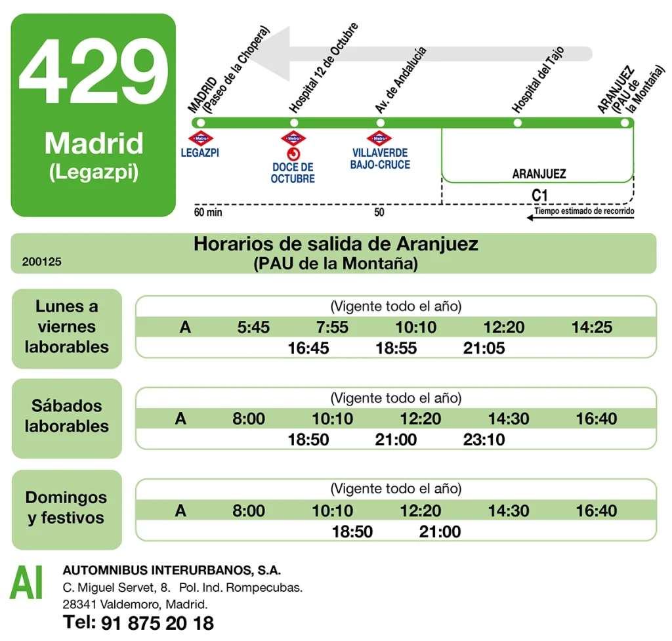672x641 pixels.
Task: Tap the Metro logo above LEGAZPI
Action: [x=201, y=138]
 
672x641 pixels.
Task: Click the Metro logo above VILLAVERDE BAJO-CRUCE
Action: [x=379, y=138]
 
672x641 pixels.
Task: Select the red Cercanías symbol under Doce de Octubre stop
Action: [x=293, y=154]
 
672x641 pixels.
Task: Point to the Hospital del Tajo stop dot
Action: [x=518, y=123]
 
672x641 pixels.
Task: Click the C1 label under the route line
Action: [x=539, y=195]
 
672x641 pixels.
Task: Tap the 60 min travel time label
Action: [x=208, y=213]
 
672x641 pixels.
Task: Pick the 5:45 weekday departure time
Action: [x=253, y=327]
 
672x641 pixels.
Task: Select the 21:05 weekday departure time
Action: [x=484, y=348]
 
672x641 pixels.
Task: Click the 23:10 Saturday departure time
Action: [x=484, y=440]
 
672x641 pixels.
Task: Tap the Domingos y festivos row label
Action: [x=66, y=508]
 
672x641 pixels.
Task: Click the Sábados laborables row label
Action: [x=66, y=416]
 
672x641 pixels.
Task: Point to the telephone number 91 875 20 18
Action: [x=157, y=623]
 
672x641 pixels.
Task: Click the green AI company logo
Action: [x=26, y=583]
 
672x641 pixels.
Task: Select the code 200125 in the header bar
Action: [x=41, y=261]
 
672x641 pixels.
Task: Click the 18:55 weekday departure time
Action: [x=396, y=348]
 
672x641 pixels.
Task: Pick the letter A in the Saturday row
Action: [x=180, y=419]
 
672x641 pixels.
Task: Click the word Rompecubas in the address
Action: [x=272, y=587]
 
